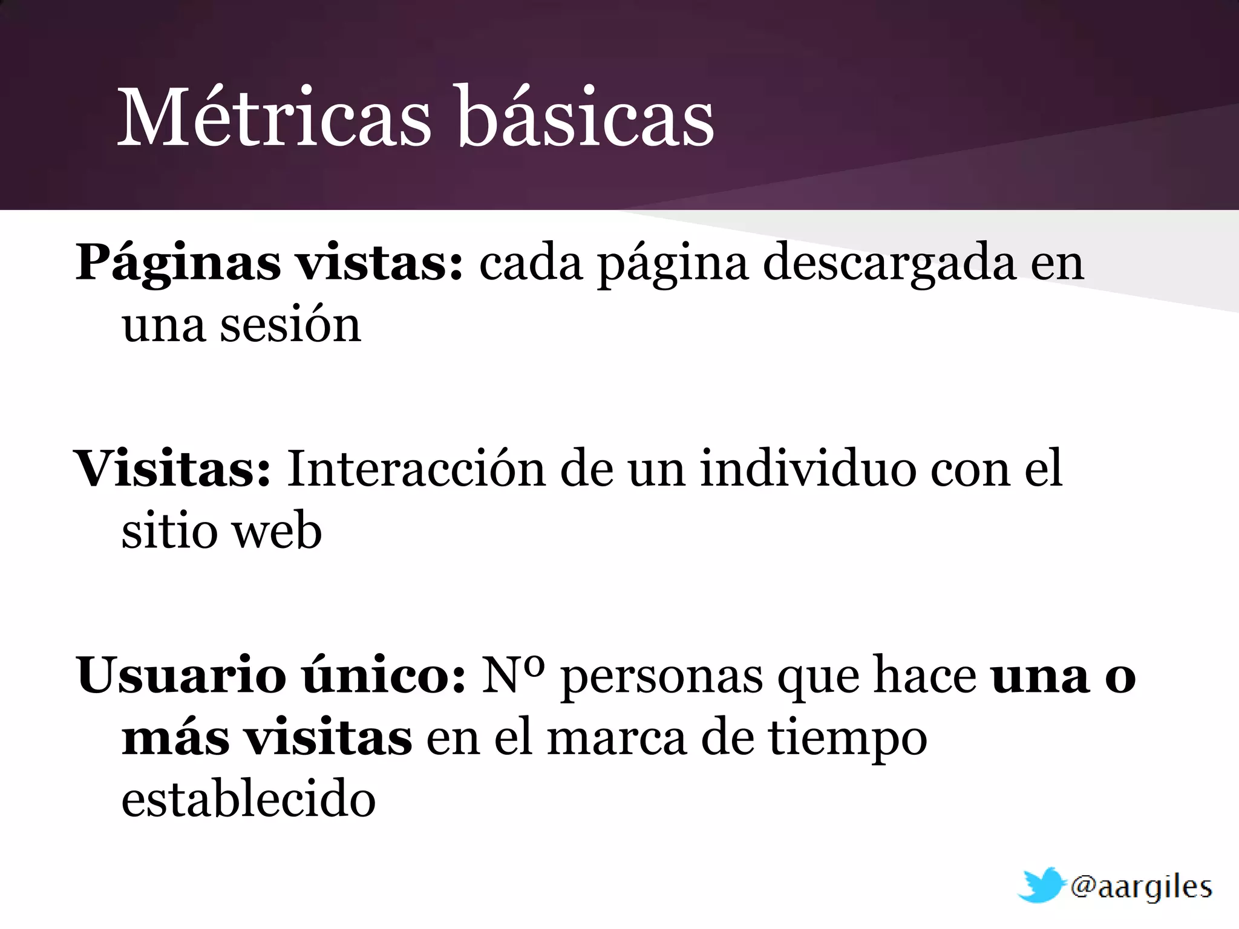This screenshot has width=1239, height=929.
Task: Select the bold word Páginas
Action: coord(178,264)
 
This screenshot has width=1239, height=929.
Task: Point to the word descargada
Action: coord(889,262)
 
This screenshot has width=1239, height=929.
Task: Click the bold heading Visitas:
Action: coord(172,469)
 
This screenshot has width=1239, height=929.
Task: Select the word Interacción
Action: coord(416,469)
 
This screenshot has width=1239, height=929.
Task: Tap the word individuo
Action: coord(808,469)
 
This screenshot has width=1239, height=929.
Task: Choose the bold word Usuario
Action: coord(181,676)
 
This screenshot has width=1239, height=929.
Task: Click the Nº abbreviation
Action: coord(513,676)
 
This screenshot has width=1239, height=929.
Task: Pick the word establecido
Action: coord(249,800)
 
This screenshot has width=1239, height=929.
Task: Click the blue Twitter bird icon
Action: coord(1041,885)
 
